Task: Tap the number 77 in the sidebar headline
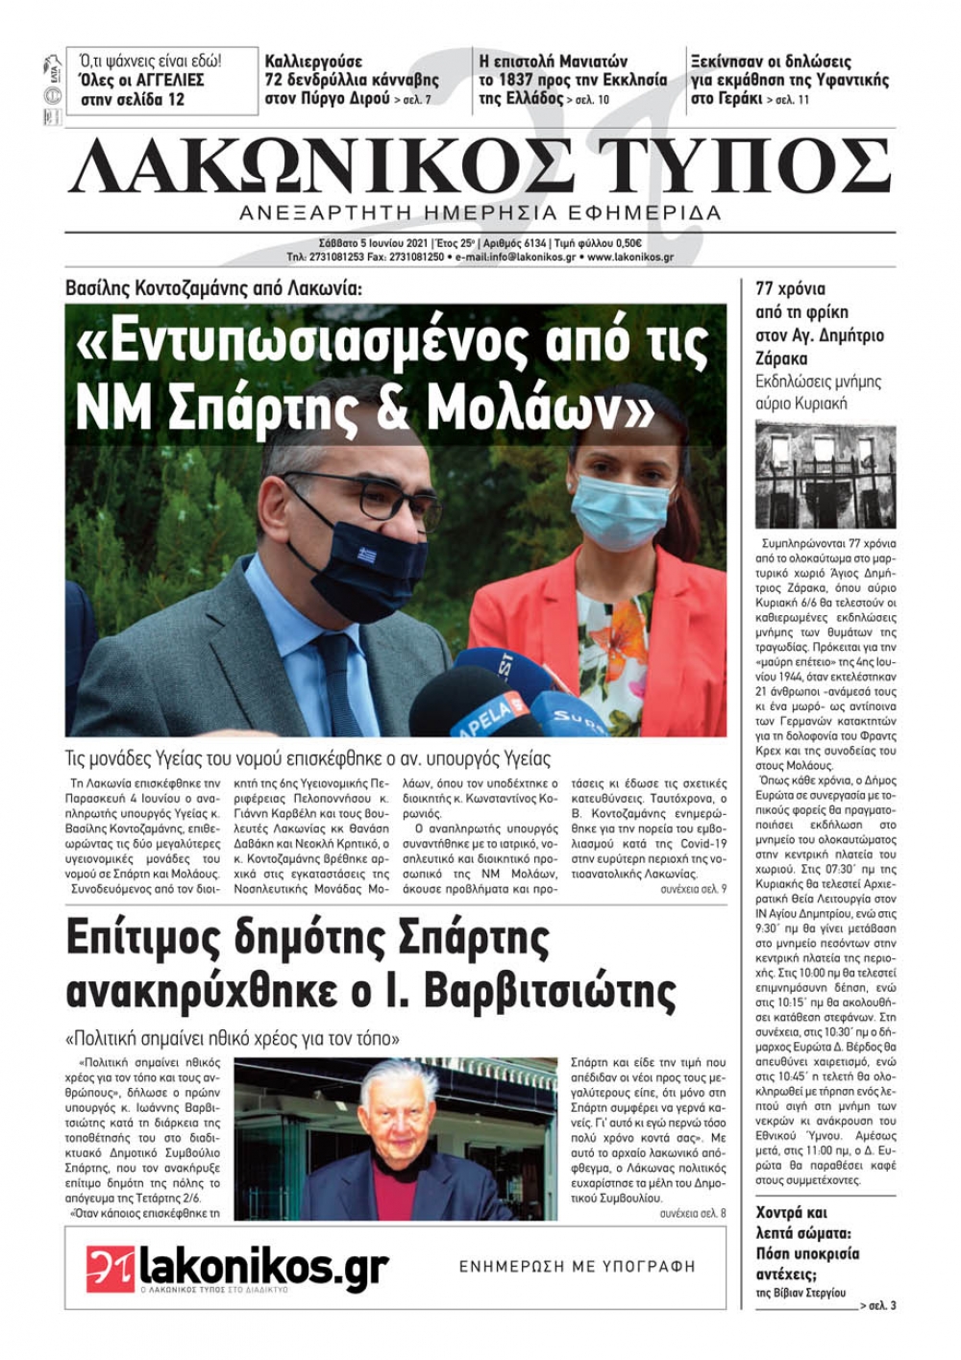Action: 766,289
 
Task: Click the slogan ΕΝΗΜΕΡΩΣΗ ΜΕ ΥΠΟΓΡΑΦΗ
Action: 577,1267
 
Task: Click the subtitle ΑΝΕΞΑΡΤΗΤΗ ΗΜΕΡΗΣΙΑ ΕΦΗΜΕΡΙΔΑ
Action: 480,213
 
